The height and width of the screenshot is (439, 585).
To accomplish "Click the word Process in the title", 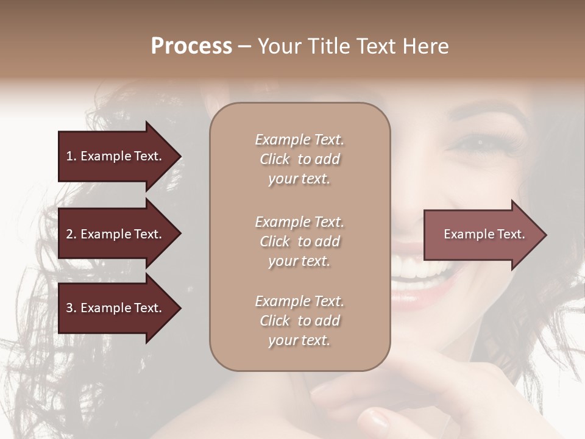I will [x=191, y=46].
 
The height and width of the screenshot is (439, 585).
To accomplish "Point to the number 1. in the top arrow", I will [x=71, y=156].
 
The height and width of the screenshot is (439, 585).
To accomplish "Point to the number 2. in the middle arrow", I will [x=71, y=234].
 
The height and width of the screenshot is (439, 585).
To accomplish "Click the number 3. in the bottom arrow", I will [x=71, y=308].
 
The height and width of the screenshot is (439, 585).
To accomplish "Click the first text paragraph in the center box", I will [x=299, y=159].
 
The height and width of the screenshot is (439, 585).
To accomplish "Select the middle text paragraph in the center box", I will [x=299, y=241].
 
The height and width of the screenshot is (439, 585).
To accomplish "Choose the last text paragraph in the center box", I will [x=299, y=321].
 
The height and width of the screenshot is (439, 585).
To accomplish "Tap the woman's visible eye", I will [x=481, y=144].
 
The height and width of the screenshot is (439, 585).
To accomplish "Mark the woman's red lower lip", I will [x=414, y=295].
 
